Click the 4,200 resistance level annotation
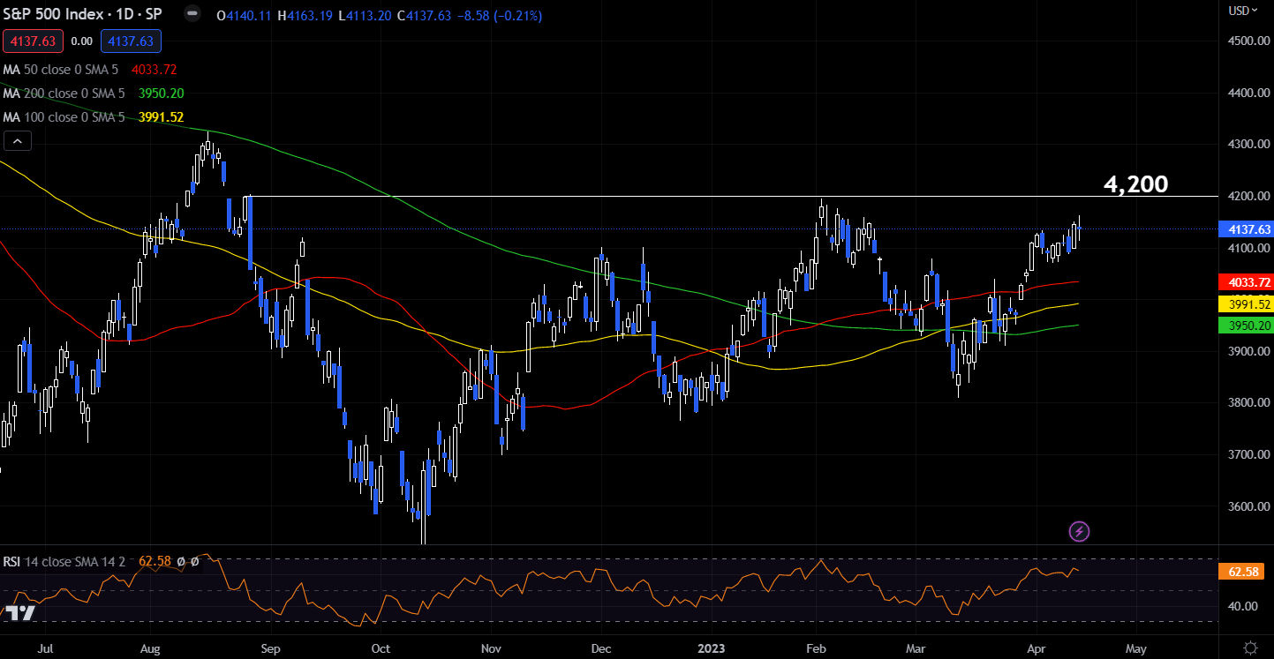click(x=1135, y=184)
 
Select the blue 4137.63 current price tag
click(x=1243, y=229)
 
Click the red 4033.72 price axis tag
click(x=1243, y=283)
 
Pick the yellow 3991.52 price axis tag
click(x=1243, y=304)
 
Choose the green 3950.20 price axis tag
click(x=1243, y=326)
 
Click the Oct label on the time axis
click(x=381, y=648)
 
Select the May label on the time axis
click(x=1136, y=648)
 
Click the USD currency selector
click(x=1242, y=11)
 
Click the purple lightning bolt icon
click(x=1079, y=531)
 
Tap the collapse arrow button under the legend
click(x=19, y=140)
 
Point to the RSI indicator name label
click(x=12, y=561)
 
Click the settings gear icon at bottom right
click(x=1249, y=648)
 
